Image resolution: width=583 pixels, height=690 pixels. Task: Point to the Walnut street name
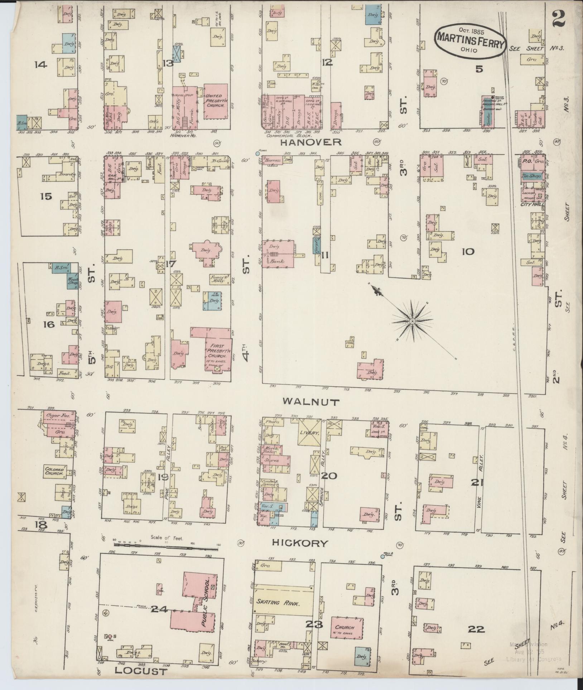[x=311, y=402]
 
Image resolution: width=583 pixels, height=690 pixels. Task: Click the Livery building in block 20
[x=309, y=433]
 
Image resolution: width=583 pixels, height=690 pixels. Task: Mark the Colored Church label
[x=54, y=471]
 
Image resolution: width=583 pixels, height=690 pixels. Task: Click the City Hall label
[x=533, y=204]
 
